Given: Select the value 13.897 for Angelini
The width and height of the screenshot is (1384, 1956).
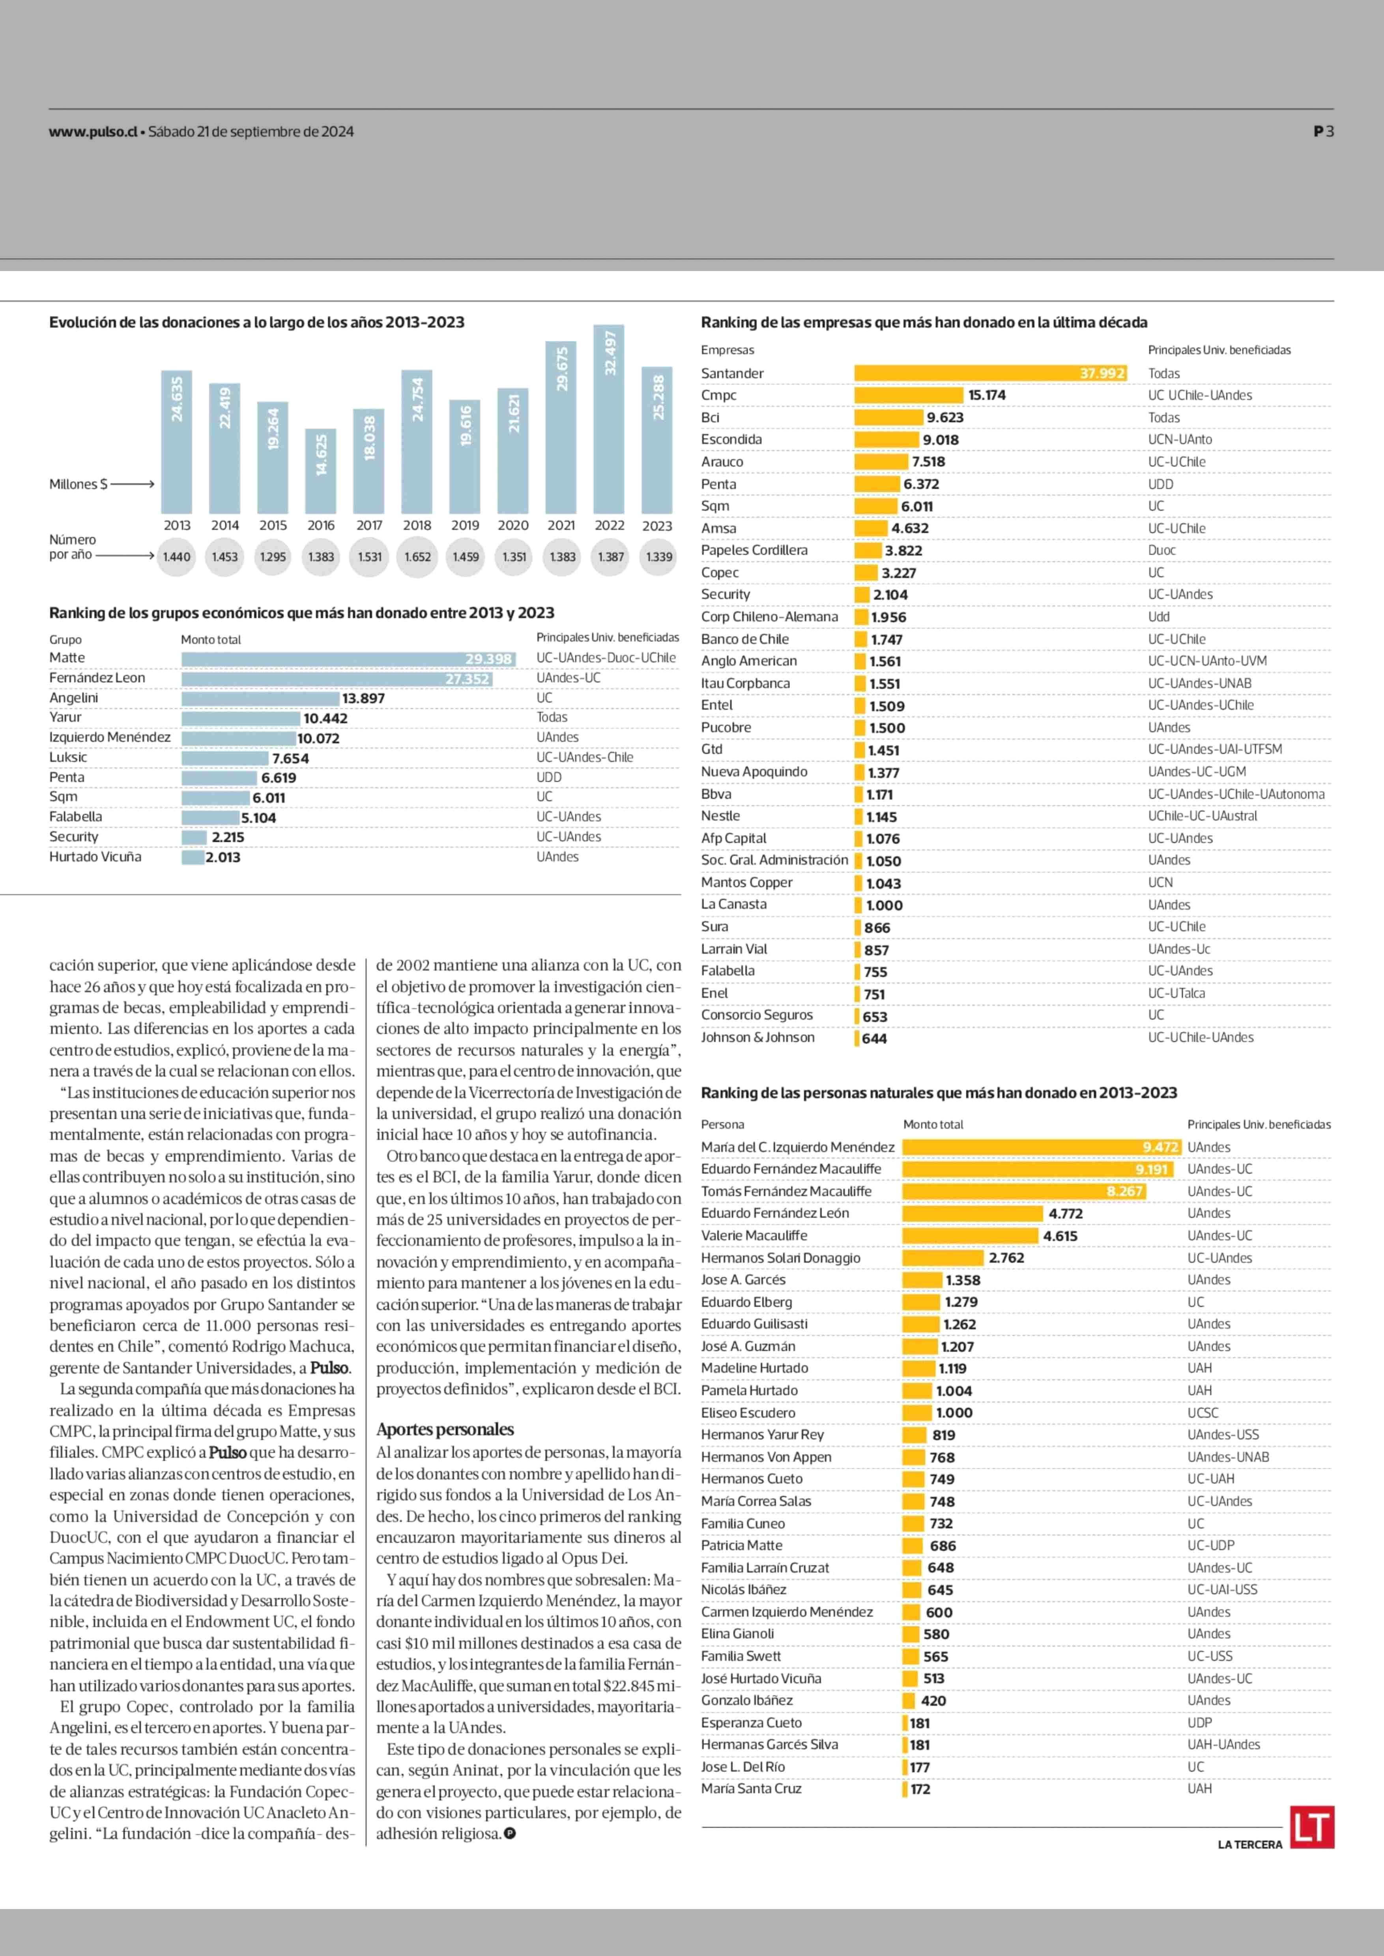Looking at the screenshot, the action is coord(363,698).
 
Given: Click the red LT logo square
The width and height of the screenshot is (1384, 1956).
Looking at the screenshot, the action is coord(1311,1827).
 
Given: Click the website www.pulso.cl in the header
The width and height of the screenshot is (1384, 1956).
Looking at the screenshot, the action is coord(94,131).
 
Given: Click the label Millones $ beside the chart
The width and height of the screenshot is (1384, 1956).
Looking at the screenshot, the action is coord(79,484).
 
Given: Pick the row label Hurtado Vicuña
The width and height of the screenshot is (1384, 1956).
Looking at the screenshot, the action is coord(95,856).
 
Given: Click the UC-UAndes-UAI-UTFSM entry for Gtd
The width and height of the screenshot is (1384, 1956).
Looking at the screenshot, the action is coord(1214,749).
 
